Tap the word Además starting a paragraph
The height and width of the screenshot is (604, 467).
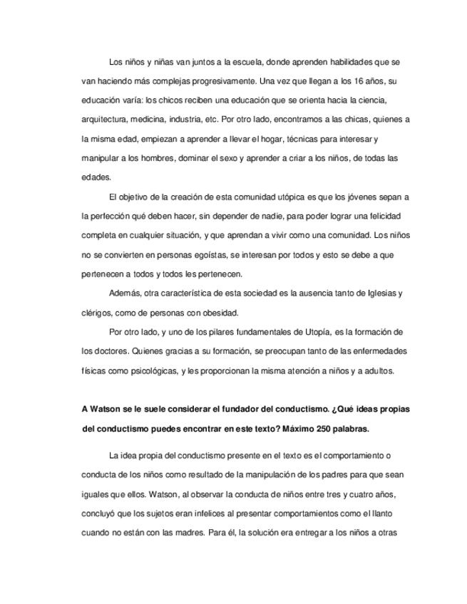point(125,293)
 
